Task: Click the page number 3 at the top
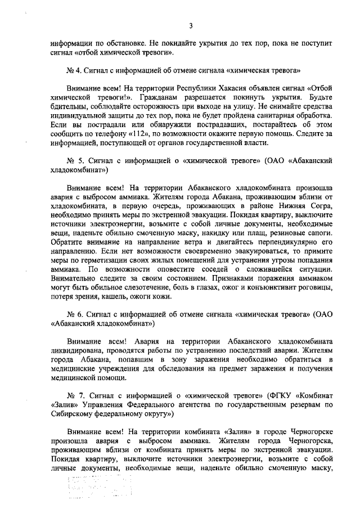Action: (191, 26)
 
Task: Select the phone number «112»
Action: (142, 136)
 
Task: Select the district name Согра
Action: (322, 207)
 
